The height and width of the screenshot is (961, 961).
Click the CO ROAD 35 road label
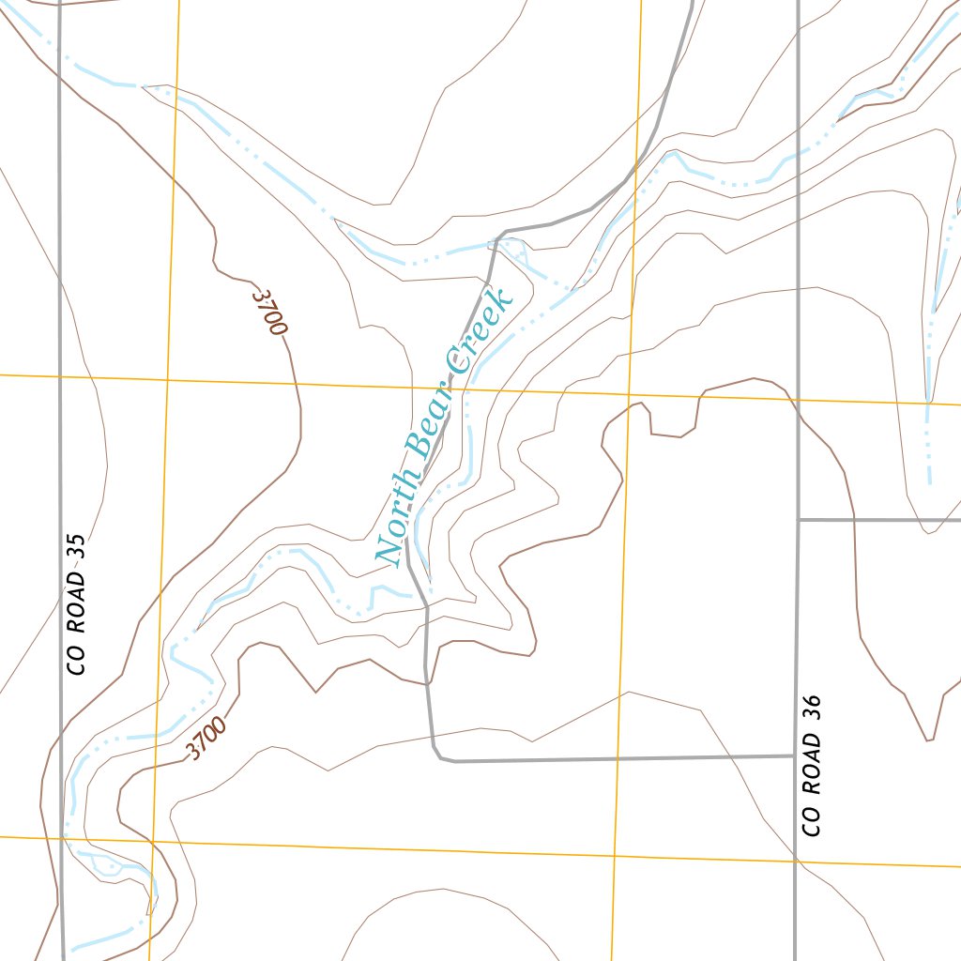(x=77, y=604)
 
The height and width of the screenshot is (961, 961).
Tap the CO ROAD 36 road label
(x=813, y=766)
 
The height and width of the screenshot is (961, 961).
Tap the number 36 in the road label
(x=813, y=707)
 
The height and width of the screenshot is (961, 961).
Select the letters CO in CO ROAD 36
(x=813, y=821)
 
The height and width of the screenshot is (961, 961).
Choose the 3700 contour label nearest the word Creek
(x=268, y=313)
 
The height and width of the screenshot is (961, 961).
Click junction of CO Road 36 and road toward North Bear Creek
(x=796, y=755)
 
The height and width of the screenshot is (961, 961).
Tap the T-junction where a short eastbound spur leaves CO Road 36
(x=797, y=519)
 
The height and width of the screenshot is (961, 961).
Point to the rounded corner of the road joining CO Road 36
(x=439, y=755)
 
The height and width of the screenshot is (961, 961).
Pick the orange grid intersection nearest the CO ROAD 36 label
(x=795, y=860)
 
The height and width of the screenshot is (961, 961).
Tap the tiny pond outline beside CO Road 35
(x=108, y=865)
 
